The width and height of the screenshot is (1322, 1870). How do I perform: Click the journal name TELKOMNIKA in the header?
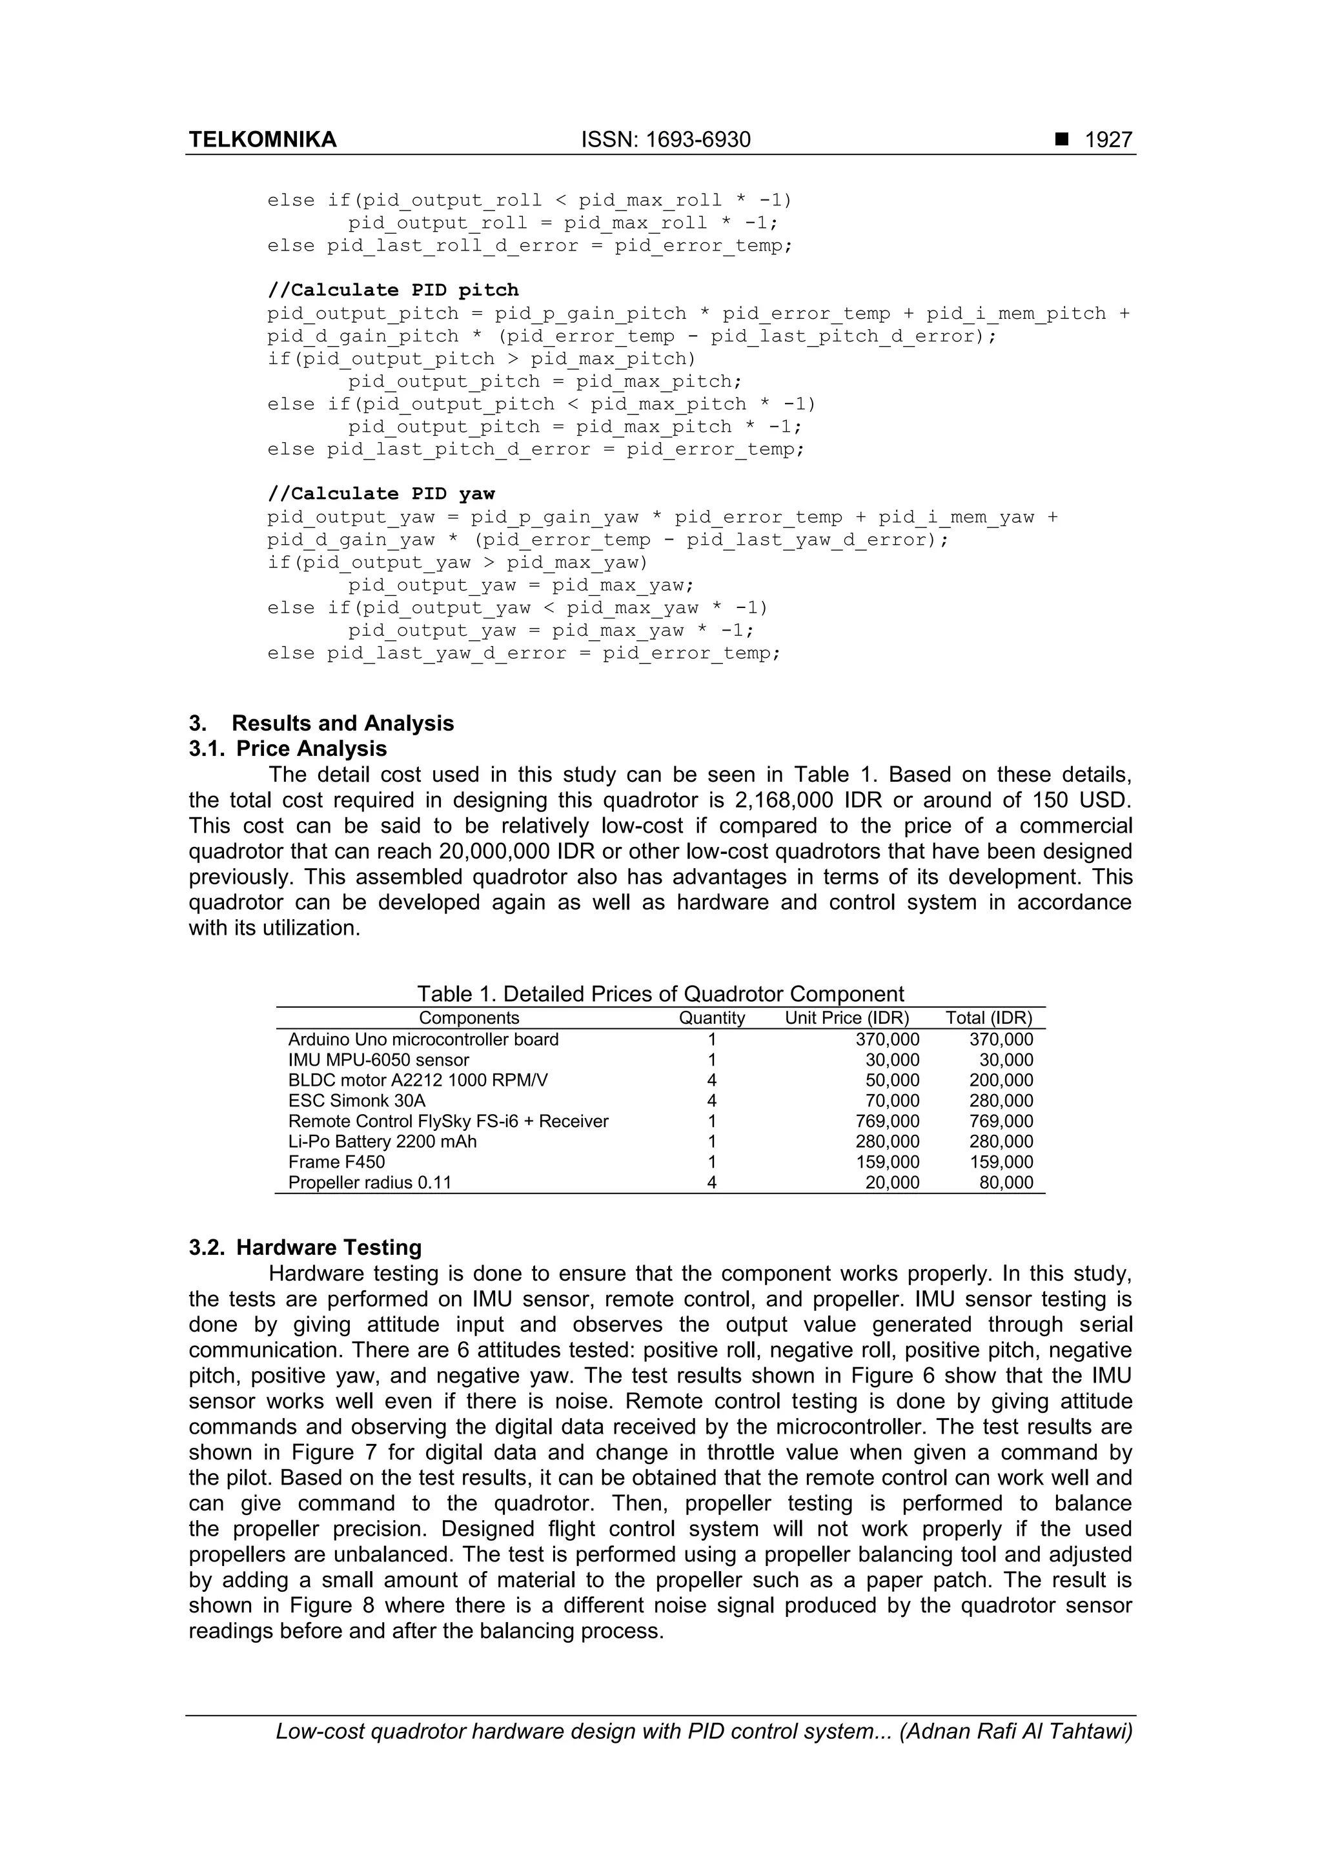262,140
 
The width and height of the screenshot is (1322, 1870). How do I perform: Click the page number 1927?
1108,140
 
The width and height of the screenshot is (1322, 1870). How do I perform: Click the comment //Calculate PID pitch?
392,290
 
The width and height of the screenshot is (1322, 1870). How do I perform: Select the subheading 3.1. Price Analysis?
289,749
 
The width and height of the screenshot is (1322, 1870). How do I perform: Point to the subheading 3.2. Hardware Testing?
305,1248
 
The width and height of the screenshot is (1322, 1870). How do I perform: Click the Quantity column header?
712,1018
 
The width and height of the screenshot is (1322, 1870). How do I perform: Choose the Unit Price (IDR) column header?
847,1018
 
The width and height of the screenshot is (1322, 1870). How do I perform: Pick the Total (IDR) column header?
989,1018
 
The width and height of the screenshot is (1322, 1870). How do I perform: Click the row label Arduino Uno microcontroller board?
423,1040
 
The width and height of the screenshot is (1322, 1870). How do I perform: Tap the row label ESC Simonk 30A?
357,1101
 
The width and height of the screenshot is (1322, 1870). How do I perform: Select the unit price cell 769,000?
887,1121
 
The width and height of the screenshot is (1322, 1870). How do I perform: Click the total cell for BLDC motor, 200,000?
1001,1081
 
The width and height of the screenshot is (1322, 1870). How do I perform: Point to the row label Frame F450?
336,1163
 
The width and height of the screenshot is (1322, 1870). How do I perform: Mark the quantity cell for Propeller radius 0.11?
712,1183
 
